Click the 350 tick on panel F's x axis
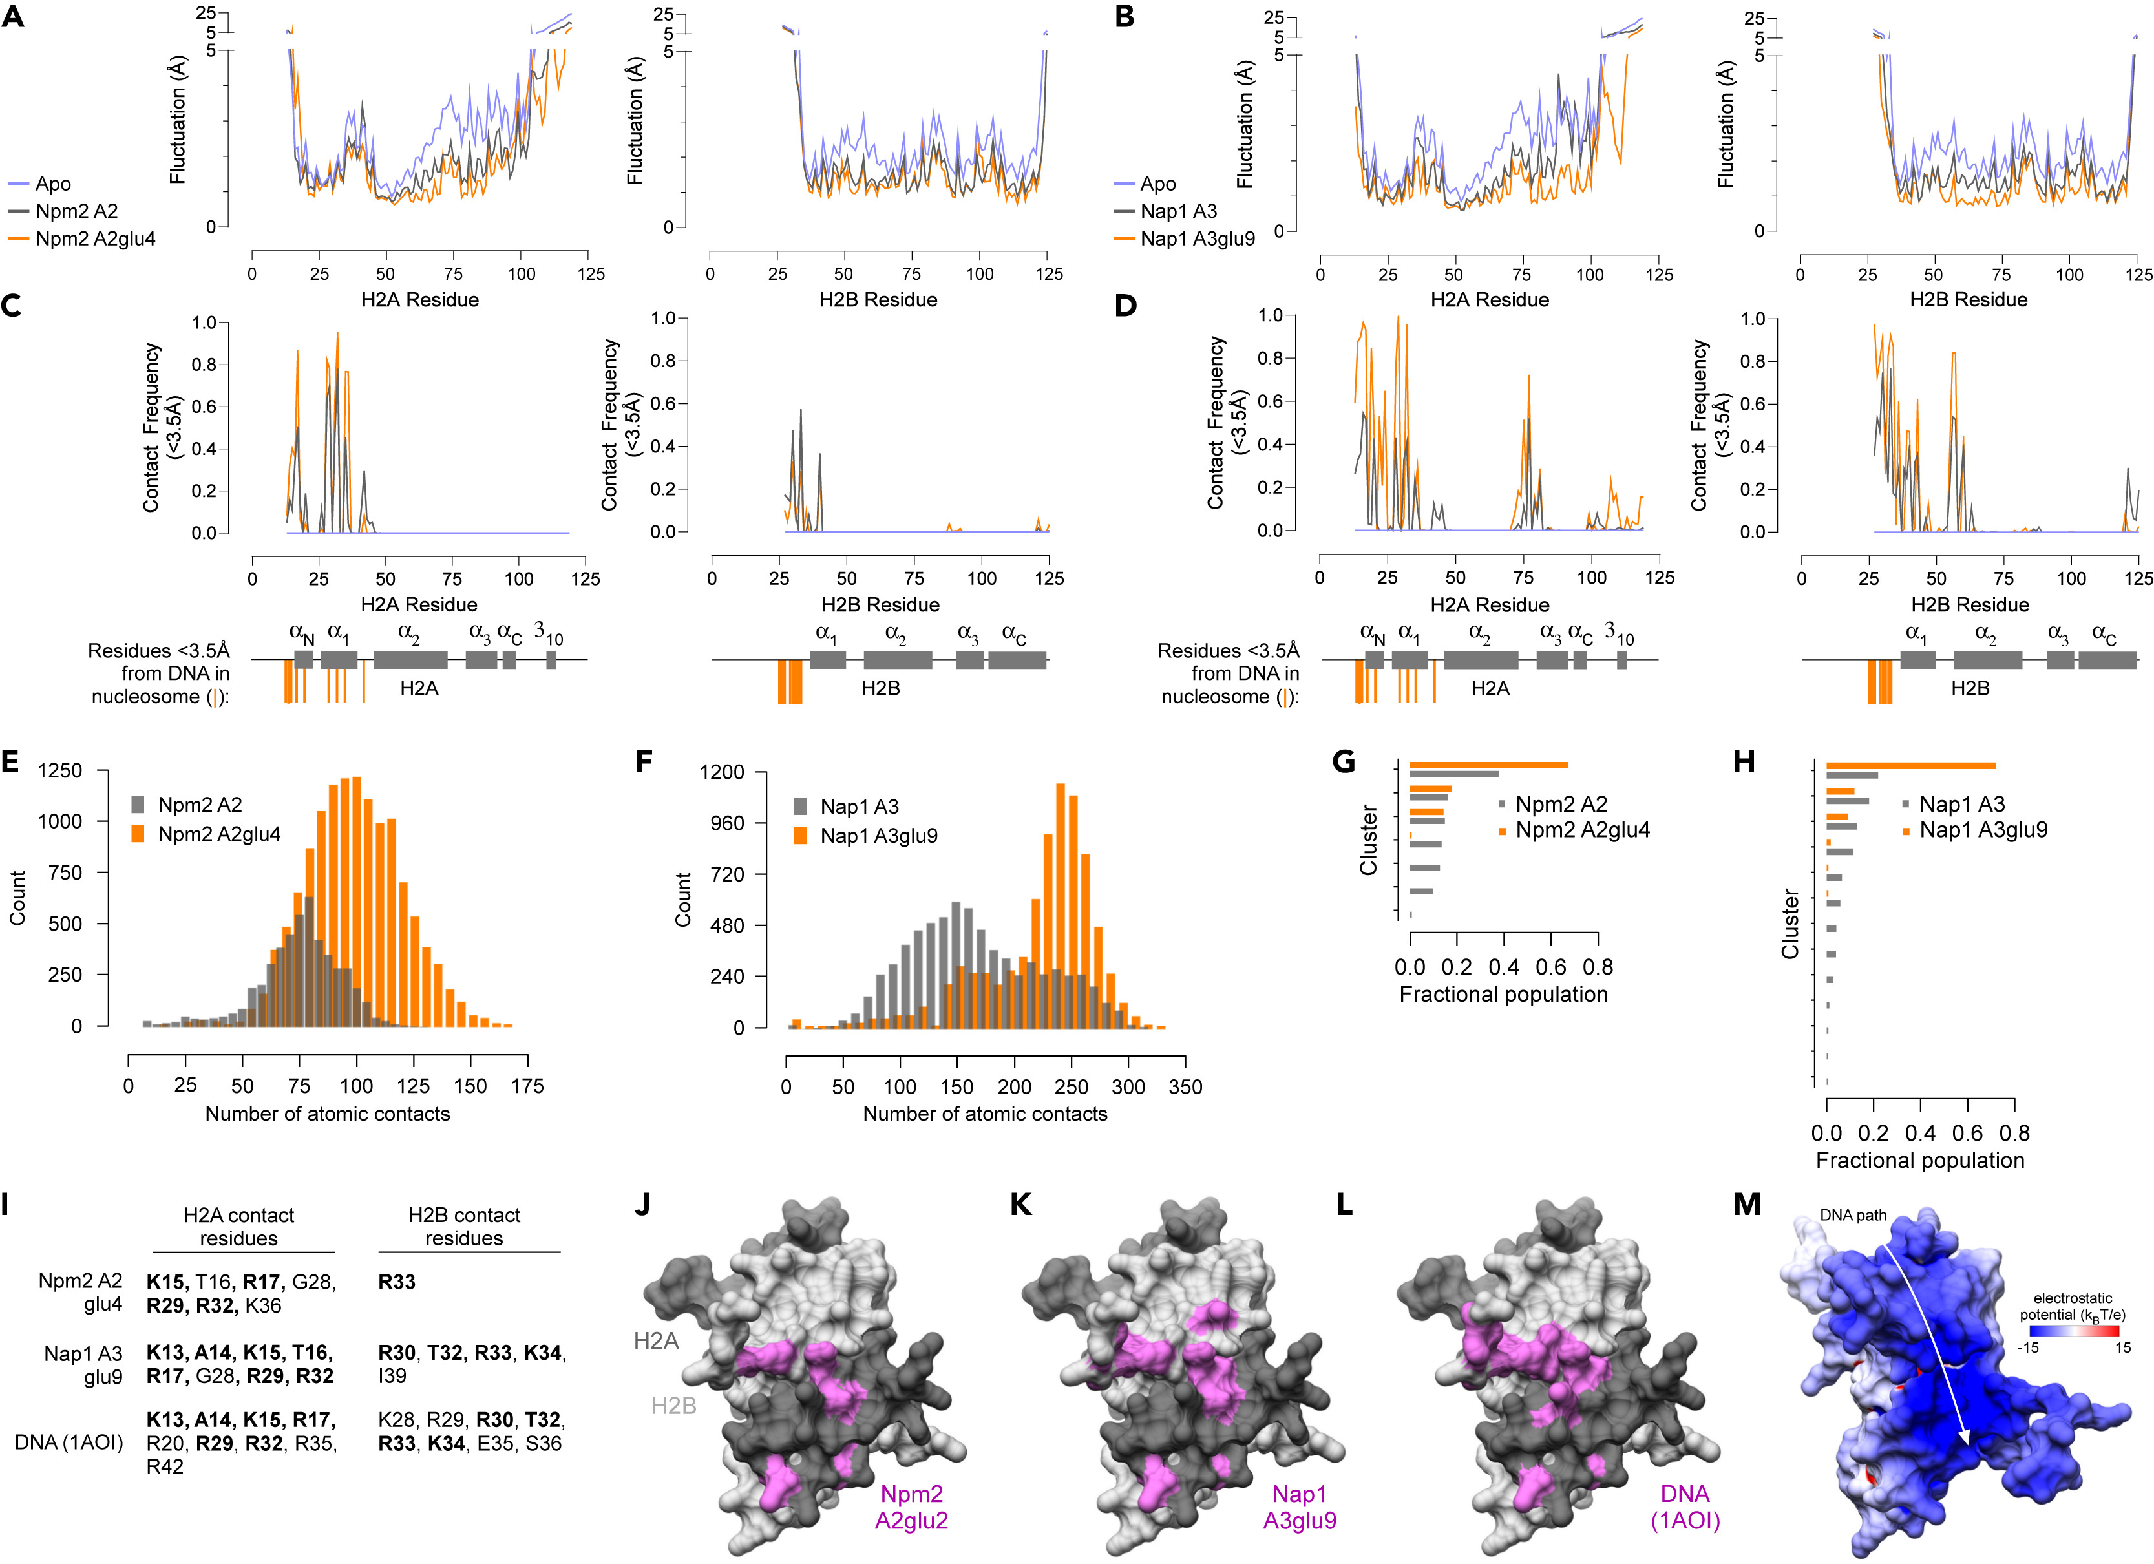pyautogui.click(x=1185, y=1087)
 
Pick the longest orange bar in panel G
pyautogui.click(x=1488, y=765)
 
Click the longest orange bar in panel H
pyautogui.click(x=1911, y=765)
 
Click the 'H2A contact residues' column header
pyautogui.click(x=238, y=1226)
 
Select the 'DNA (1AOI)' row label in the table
pyautogui.click(x=69, y=1442)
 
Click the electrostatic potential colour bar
pyautogui.click(x=2073, y=1331)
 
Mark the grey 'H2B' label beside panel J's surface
pyautogui.click(x=673, y=1406)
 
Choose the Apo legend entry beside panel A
pyautogui.click(x=52, y=184)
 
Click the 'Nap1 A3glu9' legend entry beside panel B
pyautogui.click(x=1197, y=238)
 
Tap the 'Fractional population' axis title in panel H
pyautogui.click(x=1919, y=1161)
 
